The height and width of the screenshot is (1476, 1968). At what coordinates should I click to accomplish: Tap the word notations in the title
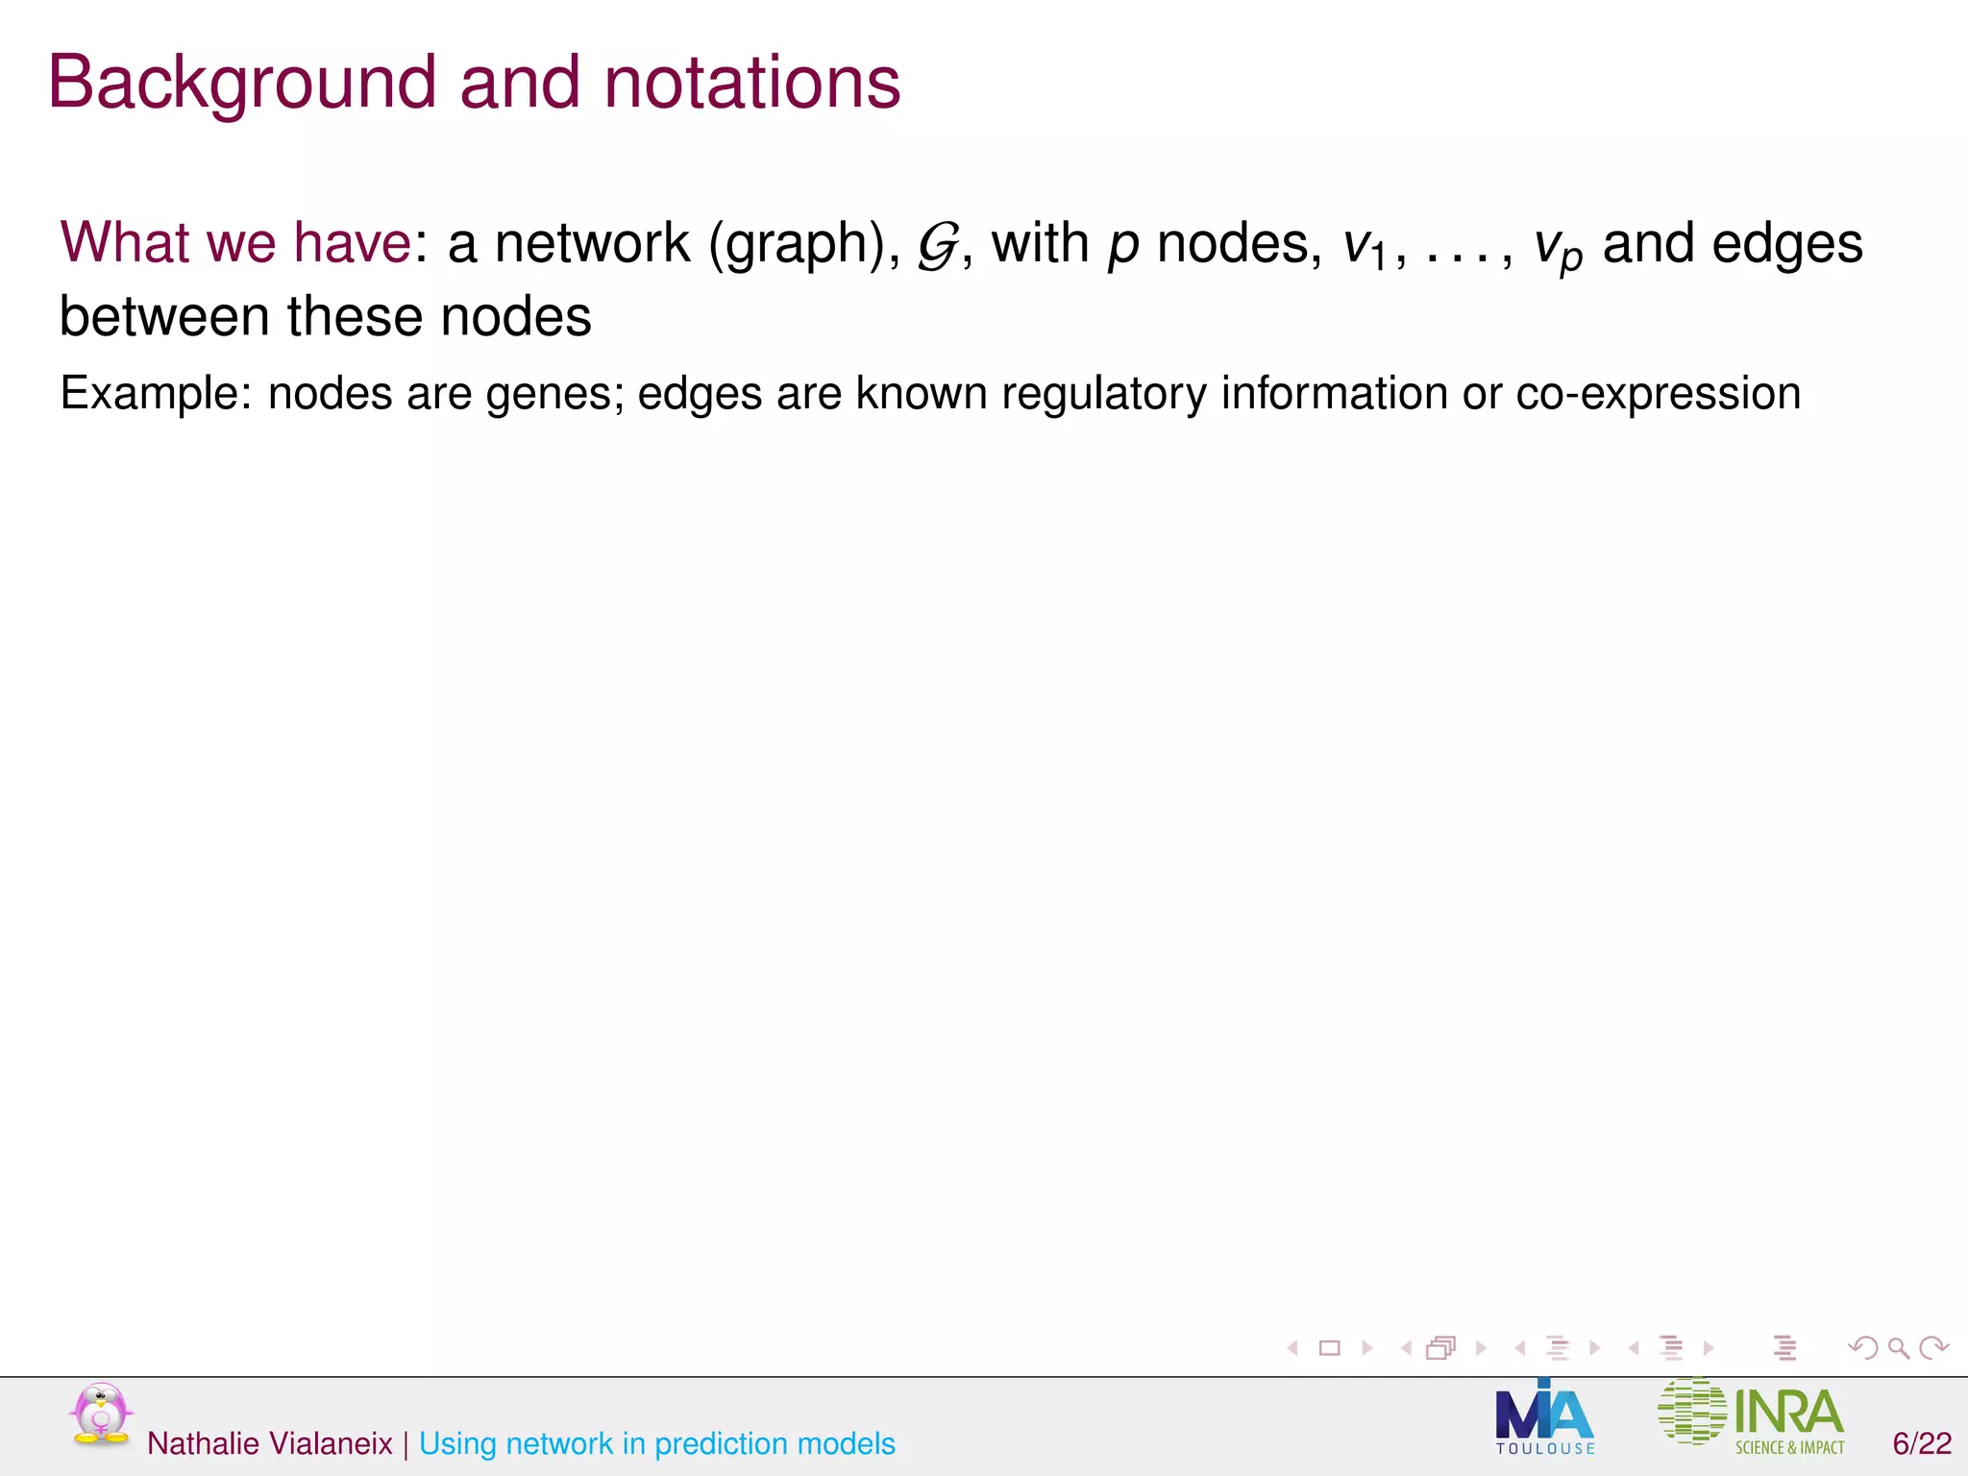(751, 84)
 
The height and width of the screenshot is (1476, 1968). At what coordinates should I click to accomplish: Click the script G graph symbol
(937, 246)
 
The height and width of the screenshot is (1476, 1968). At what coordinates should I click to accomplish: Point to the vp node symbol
(1557, 248)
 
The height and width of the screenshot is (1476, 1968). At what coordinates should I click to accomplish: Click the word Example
(156, 394)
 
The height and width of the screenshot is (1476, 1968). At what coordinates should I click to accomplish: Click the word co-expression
(1658, 394)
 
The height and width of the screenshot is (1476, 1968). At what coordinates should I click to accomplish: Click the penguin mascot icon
(100, 1414)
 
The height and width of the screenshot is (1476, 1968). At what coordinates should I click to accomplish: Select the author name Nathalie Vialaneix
(270, 1443)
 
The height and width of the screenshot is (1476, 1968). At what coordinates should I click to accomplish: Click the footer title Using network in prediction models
(657, 1443)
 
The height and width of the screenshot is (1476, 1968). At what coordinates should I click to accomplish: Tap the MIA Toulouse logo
(1544, 1418)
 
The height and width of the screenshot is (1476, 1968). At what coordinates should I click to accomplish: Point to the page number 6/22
(1922, 1443)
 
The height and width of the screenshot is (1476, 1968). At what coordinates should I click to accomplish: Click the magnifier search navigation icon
(1898, 1348)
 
